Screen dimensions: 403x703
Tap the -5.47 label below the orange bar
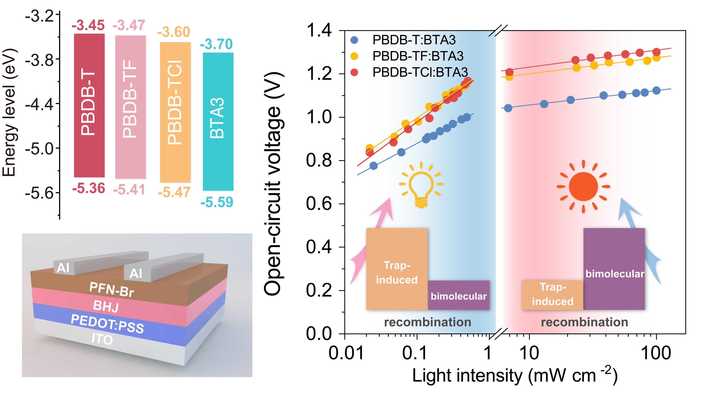click(174, 192)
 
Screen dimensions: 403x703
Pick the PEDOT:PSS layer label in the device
click(107, 324)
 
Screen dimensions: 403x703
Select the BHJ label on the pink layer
click(106, 306)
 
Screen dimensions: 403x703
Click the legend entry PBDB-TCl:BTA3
click(420, 72)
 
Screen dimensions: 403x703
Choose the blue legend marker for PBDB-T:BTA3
click(354, 40)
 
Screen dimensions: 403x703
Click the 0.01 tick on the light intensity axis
click(346, 353)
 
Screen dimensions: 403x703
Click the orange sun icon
click(583, 186)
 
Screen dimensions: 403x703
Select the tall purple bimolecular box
click(614, 269)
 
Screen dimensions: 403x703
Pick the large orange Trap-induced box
click(397, 269)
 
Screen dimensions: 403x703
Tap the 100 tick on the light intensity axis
click(656, 353)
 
